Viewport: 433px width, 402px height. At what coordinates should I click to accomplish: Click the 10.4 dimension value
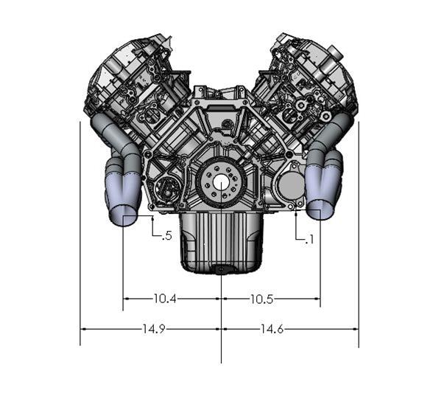coord(166,299)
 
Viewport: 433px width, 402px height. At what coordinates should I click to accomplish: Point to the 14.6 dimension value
coord(270,329)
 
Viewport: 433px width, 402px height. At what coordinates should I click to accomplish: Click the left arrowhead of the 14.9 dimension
coord(83,329)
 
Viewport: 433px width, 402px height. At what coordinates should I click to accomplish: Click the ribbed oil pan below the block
coord(220,243)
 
